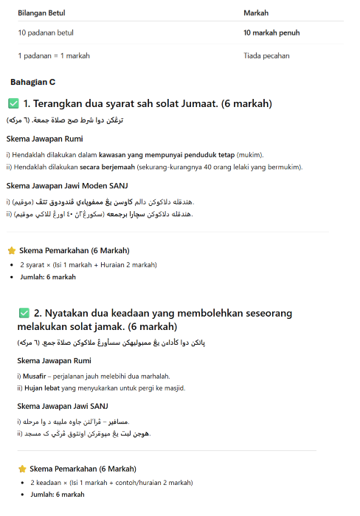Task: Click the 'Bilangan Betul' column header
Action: pos(41,13)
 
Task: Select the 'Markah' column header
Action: pos(256,13)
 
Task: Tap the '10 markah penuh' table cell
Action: pos(271,33)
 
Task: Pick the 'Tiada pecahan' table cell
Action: pos(266,55)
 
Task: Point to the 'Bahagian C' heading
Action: pos(33,82)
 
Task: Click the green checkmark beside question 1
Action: pos(13,103)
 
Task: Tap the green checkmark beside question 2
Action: pos(24,312)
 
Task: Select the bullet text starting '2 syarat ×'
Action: pos(89,264)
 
